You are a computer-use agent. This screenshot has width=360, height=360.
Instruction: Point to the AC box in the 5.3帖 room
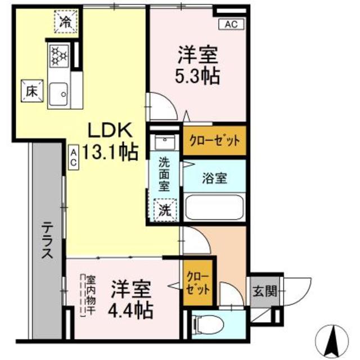[x=231, y=24]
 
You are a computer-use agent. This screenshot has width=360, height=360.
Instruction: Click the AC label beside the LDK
[x=74, y=155]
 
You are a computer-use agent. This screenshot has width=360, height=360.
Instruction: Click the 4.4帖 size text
[x=131, y=308]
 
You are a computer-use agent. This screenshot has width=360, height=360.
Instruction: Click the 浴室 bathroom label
[x=214, y=178]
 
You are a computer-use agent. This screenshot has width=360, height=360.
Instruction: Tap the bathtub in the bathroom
[x=214, y=209]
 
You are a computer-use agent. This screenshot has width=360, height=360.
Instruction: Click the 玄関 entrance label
[x=264, y=291]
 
